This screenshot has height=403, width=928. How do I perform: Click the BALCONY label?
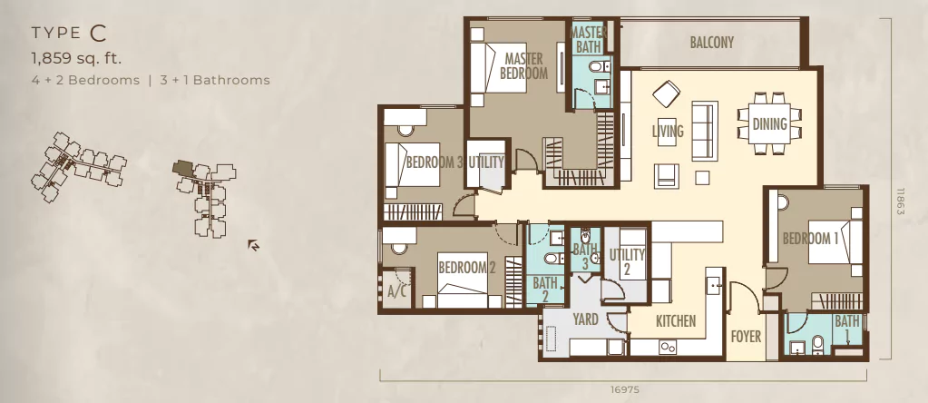click(711, 43)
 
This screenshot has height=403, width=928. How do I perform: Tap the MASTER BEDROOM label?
click(523, 65)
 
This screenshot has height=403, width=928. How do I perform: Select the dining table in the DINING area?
click(769, 123)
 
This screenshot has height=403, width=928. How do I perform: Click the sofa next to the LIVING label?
click(705, 130)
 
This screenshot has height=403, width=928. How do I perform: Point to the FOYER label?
click(746, 337)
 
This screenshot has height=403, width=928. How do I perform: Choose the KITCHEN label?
click(676, 321)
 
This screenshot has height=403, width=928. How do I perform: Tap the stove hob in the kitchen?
click(669, 348)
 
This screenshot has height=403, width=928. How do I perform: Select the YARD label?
click(585, 319)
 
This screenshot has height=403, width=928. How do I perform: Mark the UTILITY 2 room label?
click(627, 262)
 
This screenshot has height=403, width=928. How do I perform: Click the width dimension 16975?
click(624, 390)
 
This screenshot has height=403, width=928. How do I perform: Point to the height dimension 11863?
click(901, 201)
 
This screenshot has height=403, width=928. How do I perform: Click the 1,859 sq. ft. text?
click(76, 58)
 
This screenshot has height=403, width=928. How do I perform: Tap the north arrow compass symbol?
click(253, 244)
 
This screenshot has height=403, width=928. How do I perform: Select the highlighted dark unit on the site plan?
click(182, 168)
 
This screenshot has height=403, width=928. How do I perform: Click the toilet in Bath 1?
click(818, 344)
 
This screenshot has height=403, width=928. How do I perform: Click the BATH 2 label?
click(545, 290)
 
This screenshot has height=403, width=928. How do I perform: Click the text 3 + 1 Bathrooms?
click(215, 80)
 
